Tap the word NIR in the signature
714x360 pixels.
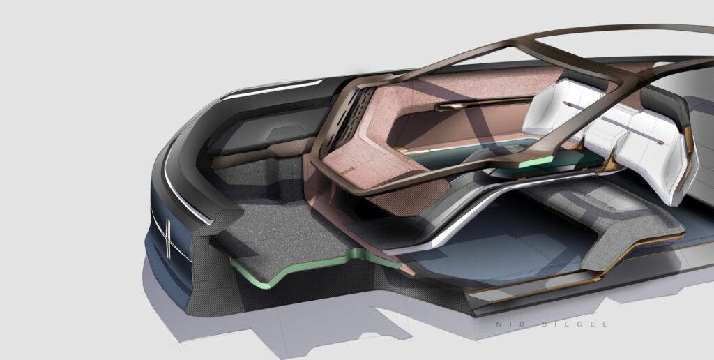coord(501,324)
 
